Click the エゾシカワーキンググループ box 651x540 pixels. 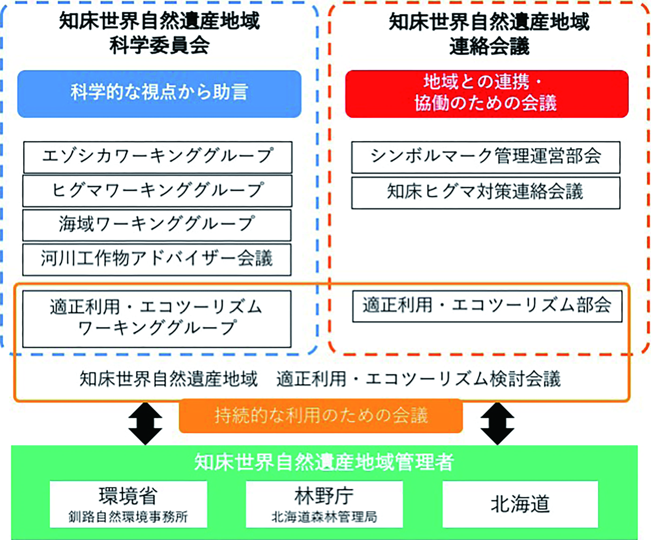coord(157,157)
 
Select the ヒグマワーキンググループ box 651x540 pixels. coord(157,191)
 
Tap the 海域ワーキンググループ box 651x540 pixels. coord(157,225)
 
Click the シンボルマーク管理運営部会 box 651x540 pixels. coord(486,157)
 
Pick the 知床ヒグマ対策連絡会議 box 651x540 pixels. coord(486,193)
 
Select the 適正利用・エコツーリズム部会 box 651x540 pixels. coord(487,306)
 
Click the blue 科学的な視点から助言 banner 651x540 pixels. coord(159,94)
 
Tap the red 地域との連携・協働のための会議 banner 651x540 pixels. coord(487,94)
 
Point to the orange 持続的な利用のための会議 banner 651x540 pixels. coord(321,416)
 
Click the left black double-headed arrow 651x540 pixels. coord(145,423)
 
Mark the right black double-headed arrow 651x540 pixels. coord(497,423)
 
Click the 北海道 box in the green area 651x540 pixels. coord(520,504)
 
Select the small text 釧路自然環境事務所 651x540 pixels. coord(128,517)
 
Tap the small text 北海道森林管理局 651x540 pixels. coord(324,517)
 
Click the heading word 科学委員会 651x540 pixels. coord(159,46)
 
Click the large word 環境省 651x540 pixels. coord(128,496)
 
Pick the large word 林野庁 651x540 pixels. coord(324,496)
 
